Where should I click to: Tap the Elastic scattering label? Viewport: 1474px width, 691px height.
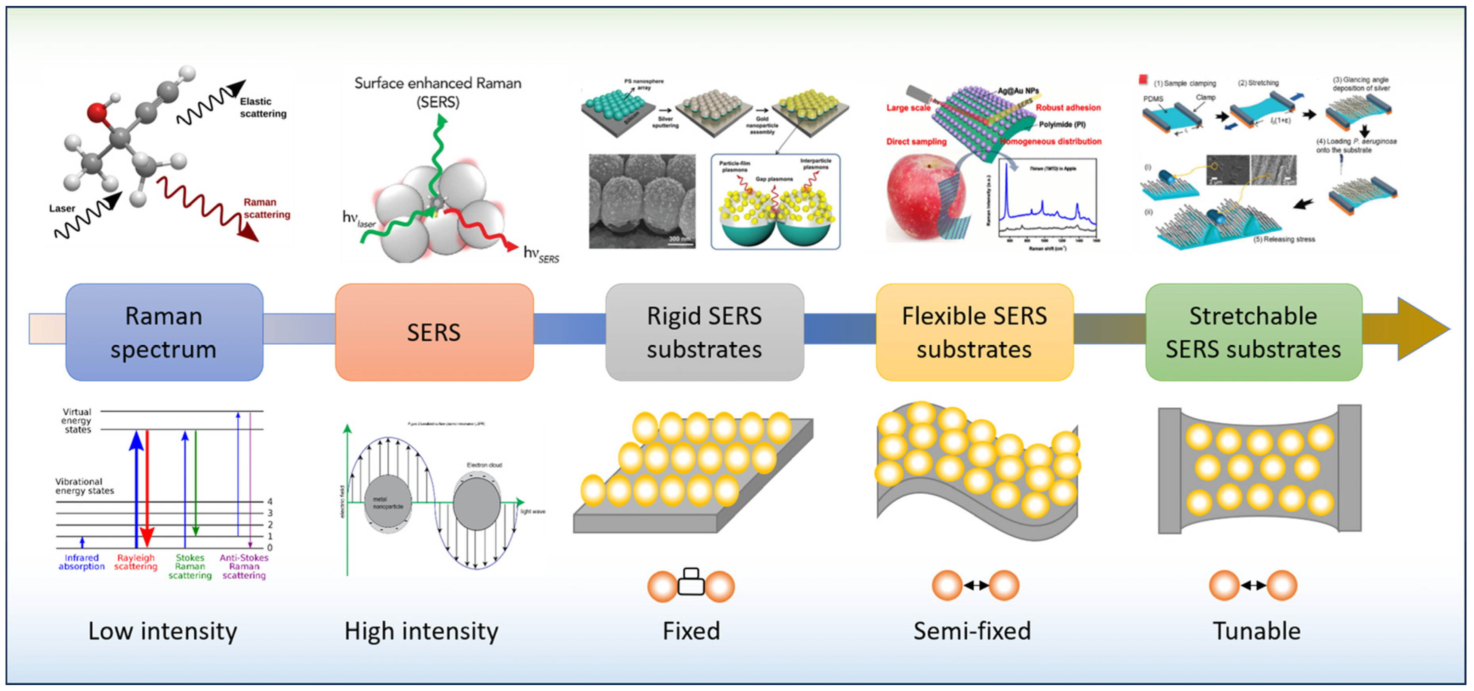263,107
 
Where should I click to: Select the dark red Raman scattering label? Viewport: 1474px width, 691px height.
266,208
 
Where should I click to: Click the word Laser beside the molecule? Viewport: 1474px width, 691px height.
62,208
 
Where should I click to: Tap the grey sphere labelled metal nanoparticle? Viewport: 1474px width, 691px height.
388,502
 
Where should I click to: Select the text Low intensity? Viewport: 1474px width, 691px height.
162,631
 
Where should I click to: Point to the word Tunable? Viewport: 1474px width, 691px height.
1256,631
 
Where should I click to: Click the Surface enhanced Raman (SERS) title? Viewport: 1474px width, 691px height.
438,92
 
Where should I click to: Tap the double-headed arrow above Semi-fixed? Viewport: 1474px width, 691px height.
976,585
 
